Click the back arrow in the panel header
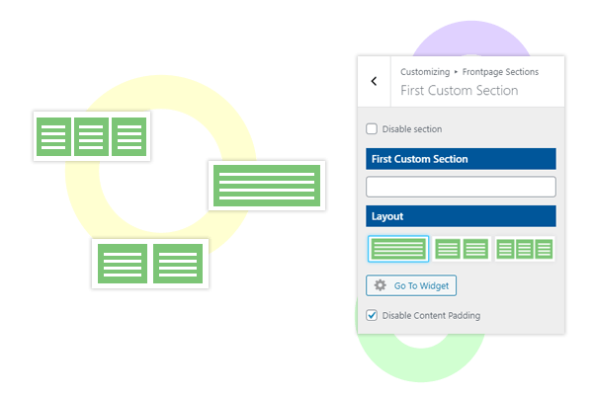(x=374, y=81)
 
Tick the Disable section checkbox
(x=372, y=128)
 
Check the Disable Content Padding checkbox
(x=372, y=315)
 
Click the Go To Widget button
(x=411, y=285)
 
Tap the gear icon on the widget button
(x=380, y=285)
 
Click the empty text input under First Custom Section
(x=461, y=187)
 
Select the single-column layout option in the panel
(x=398, y=249)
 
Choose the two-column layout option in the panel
(x=462, y=249)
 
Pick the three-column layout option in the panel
(x=524, y=249)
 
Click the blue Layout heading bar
(x=461, y=215)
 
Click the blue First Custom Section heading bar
(x=461, y=158)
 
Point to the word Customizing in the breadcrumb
(x=423, y=72)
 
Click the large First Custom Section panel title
(x=459, y=90)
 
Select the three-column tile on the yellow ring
(x=92, y=136)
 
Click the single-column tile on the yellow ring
(x=267, y=185)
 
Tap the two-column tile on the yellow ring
(x=149, y=264)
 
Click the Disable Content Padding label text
(x=431, y=315)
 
